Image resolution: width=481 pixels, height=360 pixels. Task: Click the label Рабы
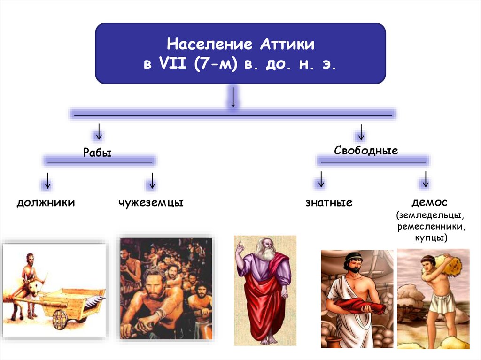[x=97, y=153]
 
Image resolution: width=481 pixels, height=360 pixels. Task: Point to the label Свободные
[x=366, y=151]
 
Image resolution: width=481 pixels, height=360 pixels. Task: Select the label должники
[x=46, y=203]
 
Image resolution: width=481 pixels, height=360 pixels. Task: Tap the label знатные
[x=329, y=203]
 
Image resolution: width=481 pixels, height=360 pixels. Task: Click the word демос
[x=429, y=202]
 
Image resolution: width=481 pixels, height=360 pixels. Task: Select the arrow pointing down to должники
[x=47, y=180]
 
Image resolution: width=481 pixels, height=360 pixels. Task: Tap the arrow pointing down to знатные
[x=321, y=180]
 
